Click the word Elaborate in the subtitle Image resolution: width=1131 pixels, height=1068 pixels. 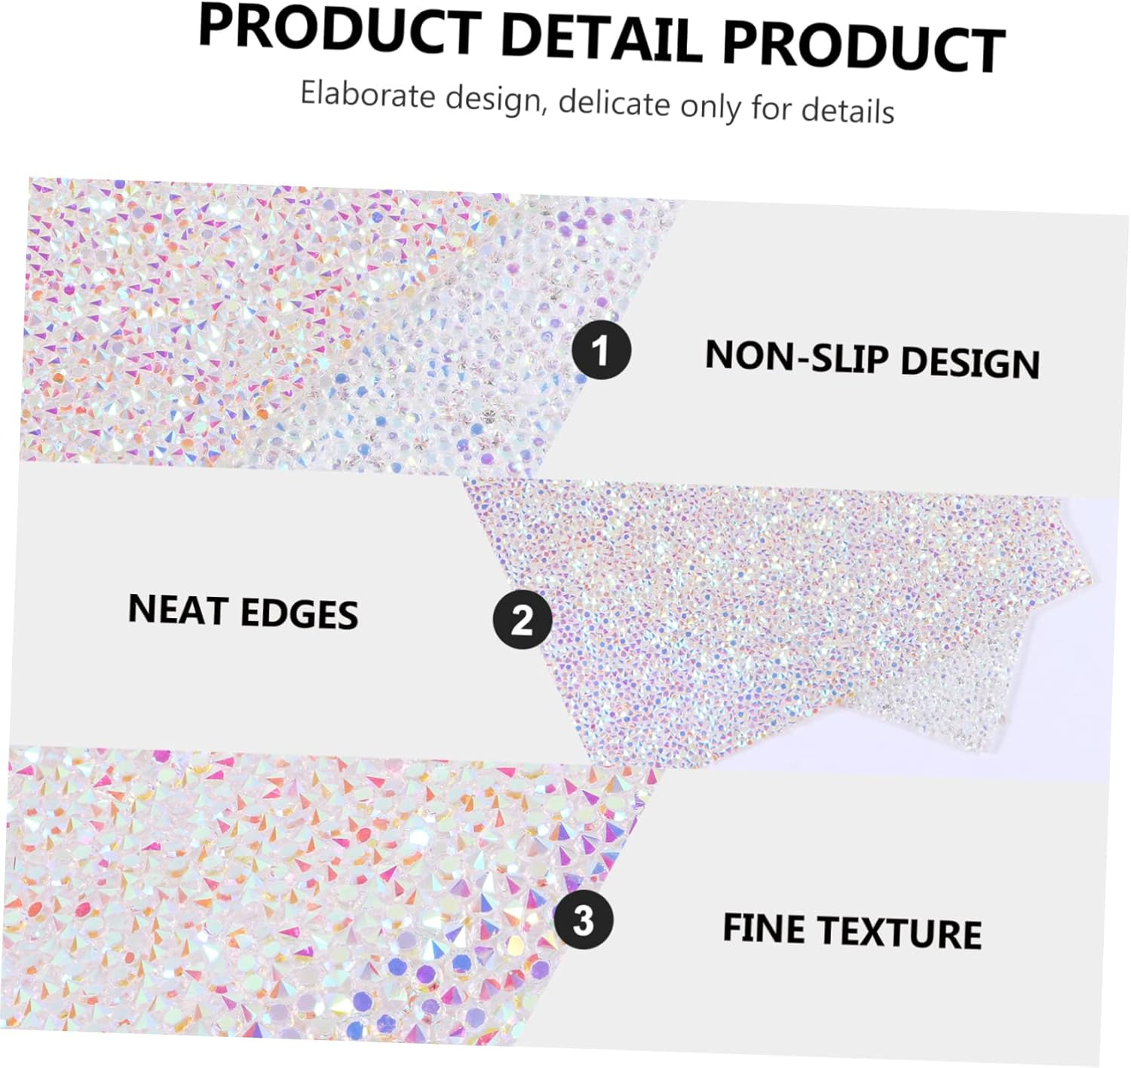(x=368, y=96)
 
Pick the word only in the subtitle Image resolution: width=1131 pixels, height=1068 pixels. (x=710, y=106)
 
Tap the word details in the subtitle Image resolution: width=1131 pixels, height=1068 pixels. (x=847, y=110)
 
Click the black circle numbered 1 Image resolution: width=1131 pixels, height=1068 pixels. (x=601, y=350)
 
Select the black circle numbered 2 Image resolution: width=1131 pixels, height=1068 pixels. (x=522, y=620)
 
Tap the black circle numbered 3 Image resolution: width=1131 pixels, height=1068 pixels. (x=583, y=920)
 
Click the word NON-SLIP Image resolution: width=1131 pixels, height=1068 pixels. (x=796, y=357)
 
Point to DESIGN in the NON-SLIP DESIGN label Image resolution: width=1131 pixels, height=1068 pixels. (x=970, y=362)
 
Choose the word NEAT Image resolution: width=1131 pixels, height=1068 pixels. (x=178, y=609)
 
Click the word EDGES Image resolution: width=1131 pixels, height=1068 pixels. (x=299, y=614)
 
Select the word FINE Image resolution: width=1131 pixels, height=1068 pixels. (x=763, y=928)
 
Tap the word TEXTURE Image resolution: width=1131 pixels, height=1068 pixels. (x=900, y=932)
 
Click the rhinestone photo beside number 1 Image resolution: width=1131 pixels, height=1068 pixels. (x=302, y=324)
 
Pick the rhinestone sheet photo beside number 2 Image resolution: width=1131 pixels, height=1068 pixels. (x=792, y=618)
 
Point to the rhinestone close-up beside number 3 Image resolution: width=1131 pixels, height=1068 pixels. (x=302, y=897)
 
